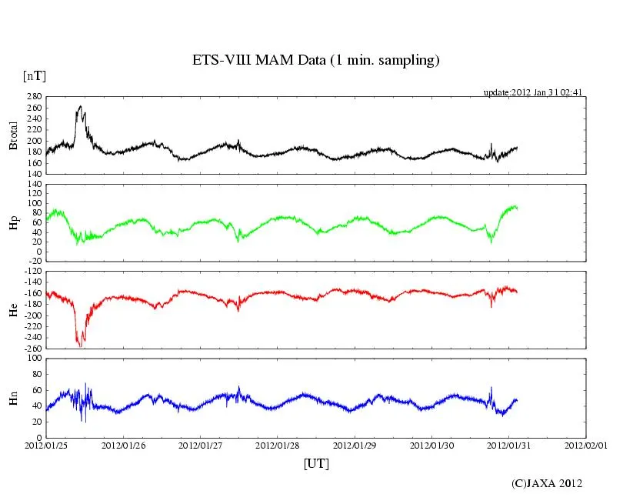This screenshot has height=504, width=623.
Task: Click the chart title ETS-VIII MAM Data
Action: pos(315,60)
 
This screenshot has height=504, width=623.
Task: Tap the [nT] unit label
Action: pos(35,76)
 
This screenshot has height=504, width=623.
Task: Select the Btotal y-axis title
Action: pos(14,135)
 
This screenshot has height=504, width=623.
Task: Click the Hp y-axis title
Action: pos(14,222)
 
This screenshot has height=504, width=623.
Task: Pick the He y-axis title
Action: pos(14,309)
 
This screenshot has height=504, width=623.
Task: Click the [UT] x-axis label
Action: pos(317,463)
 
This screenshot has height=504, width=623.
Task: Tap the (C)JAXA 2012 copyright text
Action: pos(547,483)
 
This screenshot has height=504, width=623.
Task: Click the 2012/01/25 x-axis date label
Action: pos(46,446)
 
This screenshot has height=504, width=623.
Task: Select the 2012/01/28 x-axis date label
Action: pos(278,446)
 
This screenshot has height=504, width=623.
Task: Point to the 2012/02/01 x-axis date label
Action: pos(586,446)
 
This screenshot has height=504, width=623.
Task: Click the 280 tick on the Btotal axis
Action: pos(34,97)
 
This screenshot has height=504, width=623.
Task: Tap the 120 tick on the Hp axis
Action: pos(34,185)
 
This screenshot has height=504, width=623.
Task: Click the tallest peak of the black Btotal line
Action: pos(80,106)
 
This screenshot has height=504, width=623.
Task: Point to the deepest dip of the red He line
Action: pos(81,346)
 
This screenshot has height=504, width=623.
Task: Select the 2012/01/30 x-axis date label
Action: pos(432,446)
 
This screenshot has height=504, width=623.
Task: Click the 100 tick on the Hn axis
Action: pos(34,358)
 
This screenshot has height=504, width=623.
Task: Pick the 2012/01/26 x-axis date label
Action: pos(123,446)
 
